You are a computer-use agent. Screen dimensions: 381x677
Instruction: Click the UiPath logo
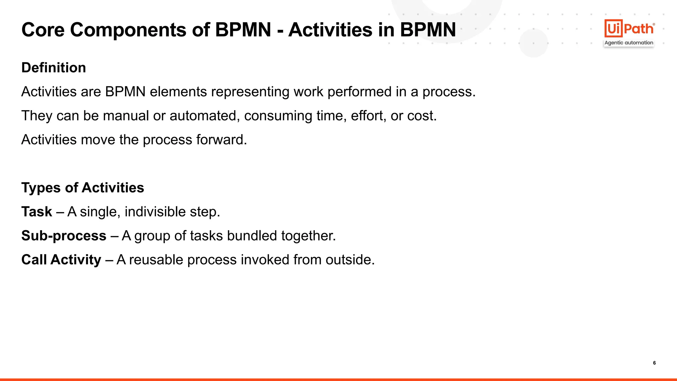click(629, 28)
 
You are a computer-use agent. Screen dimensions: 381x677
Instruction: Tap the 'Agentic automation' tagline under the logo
click(629, 43)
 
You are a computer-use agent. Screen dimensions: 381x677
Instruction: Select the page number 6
click(654, 363)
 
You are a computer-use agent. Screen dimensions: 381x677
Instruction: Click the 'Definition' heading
click(54, 68)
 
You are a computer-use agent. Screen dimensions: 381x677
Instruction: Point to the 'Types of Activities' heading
click(83, 188)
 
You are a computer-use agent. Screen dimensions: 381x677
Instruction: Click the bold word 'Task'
click(37, 212)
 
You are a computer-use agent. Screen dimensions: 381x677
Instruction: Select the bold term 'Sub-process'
click(64, 236)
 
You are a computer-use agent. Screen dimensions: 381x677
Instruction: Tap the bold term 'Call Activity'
click(61, 260)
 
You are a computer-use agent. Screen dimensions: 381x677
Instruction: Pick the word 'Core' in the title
click(43, 30)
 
